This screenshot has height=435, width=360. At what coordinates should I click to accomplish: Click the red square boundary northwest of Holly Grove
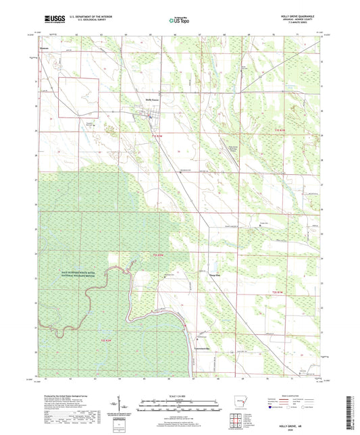[78, 100]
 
